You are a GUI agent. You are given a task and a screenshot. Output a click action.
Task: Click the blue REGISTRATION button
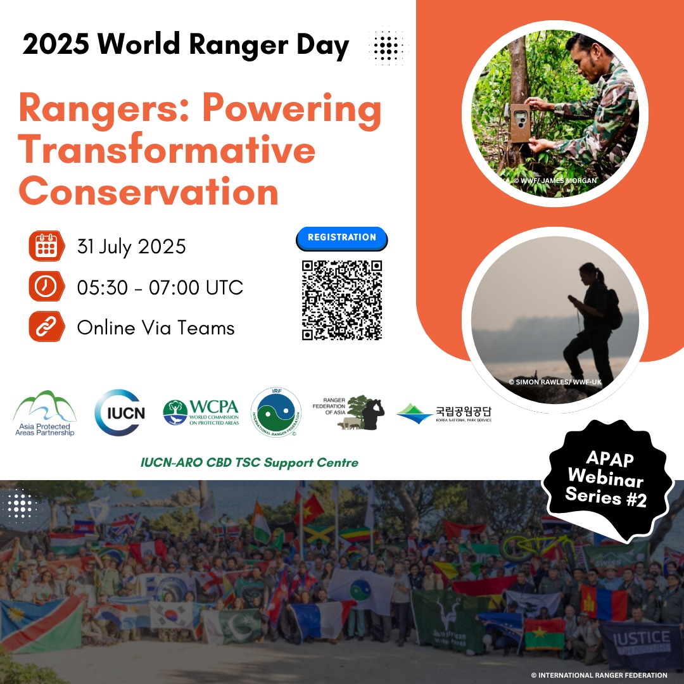tap(341, 238)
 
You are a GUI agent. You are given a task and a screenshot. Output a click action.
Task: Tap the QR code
tap(341, 300)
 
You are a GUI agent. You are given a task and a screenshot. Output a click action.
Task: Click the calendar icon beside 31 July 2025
tap(46, 246)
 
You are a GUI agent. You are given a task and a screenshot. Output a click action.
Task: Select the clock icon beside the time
tap(46, 287)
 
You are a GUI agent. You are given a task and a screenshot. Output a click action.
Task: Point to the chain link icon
tap(46, 327)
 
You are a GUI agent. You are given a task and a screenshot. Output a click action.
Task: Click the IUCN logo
tap(120, 413)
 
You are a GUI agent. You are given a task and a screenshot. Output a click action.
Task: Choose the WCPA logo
tap(201, 413)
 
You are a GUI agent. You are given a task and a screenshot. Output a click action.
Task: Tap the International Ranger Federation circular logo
tap(275, 412)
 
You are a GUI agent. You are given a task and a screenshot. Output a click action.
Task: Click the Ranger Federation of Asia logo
tap(350, 413)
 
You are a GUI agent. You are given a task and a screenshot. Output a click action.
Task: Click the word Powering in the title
tap(292, 110)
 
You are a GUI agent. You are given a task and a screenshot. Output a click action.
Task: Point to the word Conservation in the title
tap(149, 191)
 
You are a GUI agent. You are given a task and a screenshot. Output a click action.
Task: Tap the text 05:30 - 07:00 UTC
tap(160, 287)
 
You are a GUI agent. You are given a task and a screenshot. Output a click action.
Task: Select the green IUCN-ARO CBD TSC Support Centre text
tap(250, 463)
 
